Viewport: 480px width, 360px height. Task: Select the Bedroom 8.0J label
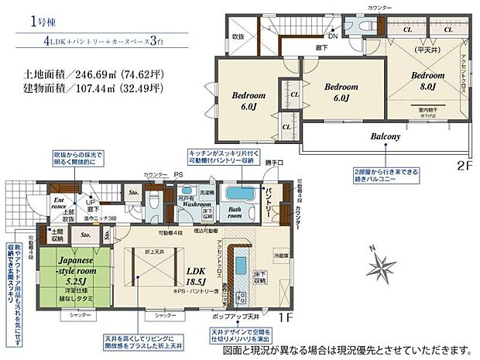pos(427,81)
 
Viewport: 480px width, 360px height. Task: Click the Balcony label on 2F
pos(385,136)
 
